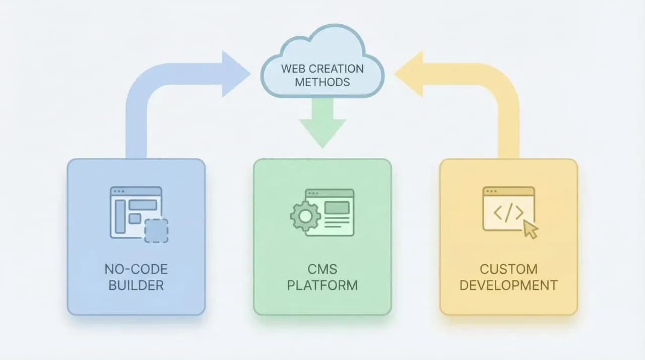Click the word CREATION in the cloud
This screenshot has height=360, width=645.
pos(337,68)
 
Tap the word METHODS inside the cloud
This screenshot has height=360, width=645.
pos(322,82)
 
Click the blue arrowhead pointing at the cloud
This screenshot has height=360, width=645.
pos(235,74)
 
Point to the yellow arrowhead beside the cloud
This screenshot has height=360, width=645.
pos(409,74)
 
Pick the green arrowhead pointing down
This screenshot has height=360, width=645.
pos(322,132)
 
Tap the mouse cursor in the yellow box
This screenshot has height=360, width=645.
pos(530,229)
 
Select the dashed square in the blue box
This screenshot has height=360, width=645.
pos(156,230)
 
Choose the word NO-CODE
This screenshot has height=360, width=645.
pos(136,269)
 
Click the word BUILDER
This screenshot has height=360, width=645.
pos(136,285)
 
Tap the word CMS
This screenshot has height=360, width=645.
pos(322,269)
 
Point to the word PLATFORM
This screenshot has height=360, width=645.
pos(322,285)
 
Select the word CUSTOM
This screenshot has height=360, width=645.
pos(508,269)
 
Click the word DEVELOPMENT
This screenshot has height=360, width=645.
pos(508,285)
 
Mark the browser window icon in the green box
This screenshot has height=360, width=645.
pos(330,212)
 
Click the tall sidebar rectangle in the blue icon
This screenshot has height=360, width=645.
pos(120,216)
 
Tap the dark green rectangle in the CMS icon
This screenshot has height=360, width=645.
pos(337,207)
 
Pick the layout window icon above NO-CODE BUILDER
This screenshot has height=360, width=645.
pos(137,212)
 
